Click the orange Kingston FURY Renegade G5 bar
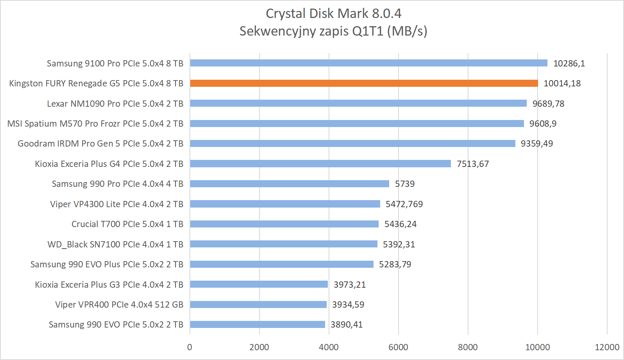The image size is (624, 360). click(x=364, y=83)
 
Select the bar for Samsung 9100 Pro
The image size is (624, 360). click(x=368, y=63)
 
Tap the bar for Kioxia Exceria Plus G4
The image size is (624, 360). click(x=320, y=163)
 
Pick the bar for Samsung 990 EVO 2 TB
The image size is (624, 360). click(x=257, y=324)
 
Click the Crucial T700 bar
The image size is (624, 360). click(x=284, y=224)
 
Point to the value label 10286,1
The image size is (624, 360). click(x=569, y=63)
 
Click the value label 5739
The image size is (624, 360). click(x=404, y=184)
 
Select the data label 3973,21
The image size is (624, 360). click(x=349, y=285)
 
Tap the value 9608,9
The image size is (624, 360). click(x=543, y=124)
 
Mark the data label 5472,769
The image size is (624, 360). click(x=404, y=204)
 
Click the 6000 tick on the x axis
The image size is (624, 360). click(x=398, y=347)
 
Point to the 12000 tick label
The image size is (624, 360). click(x=607, y=347)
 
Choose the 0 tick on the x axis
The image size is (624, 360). click(x=190, y=347)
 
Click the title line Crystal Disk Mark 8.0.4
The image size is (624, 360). click(x=333, y=14)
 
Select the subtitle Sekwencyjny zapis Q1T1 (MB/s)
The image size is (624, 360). click(x=333, y=31)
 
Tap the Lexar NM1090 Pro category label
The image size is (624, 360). click(x=115, y=104)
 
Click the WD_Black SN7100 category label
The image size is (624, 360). click(x=115, y=244)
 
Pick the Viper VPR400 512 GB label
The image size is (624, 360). click(x=119, y=304)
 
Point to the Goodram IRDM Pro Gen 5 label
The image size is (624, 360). click(x=100, y=143)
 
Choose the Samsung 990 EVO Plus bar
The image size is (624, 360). click(x=282, y=264)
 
